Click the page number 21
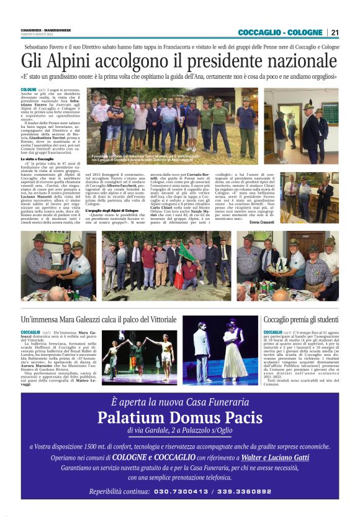(x=335, y=32)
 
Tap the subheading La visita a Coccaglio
(x=37, y=159)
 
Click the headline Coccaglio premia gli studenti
(x=301, y=319)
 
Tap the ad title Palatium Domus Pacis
(x=179, y=416)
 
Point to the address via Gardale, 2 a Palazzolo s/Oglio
(x=179, y=430)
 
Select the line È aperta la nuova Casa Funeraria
(x=179, y=402)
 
